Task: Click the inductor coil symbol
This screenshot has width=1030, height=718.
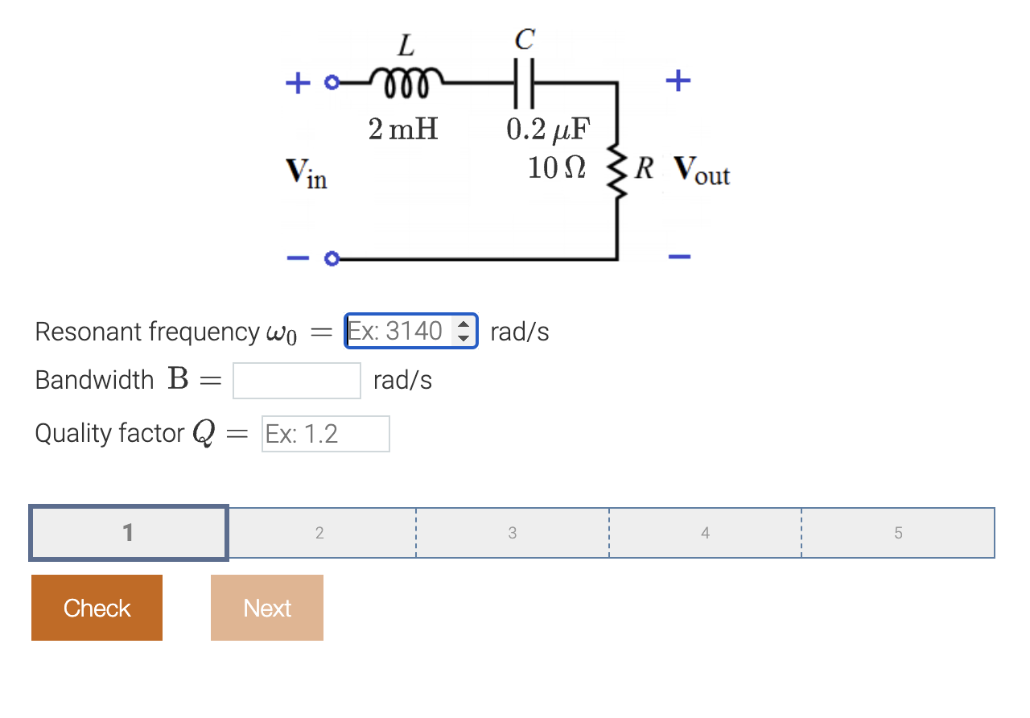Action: (405, 80)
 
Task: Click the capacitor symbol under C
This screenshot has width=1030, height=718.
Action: (524, 83)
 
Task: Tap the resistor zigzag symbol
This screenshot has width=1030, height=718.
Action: (617, 170)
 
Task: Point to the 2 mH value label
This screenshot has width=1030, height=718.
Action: (403, 129)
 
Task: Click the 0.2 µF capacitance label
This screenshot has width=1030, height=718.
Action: (548, 129)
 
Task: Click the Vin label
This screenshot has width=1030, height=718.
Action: (306, 172)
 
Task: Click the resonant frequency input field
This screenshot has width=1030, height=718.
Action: (398, 331)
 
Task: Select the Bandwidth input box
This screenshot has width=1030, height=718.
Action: (296, 381)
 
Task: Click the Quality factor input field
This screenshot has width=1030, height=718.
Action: (325, 434)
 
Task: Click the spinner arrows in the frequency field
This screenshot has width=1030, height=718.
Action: (463, 331)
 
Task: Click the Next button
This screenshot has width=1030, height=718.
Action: (267, 608)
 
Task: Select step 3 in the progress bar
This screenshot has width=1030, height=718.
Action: (513, 533)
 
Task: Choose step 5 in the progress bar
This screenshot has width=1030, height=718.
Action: (898, 533)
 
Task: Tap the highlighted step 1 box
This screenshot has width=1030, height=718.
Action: (129, 533)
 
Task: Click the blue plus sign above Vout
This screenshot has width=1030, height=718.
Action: (678, 80)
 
